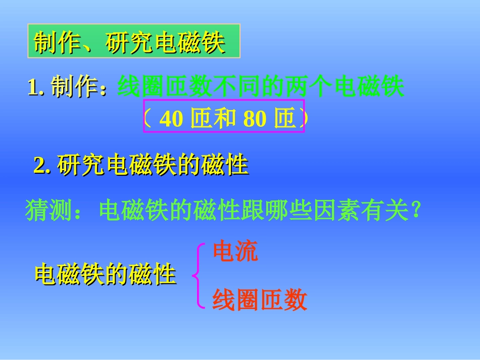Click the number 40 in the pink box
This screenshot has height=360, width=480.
tap(170, 119)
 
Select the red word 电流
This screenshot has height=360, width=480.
tap(235, 251)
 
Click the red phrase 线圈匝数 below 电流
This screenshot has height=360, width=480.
tap(259, 300)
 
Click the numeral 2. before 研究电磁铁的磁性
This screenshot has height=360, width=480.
tap(43, 166)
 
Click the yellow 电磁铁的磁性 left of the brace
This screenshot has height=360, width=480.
tap(105, 275)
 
